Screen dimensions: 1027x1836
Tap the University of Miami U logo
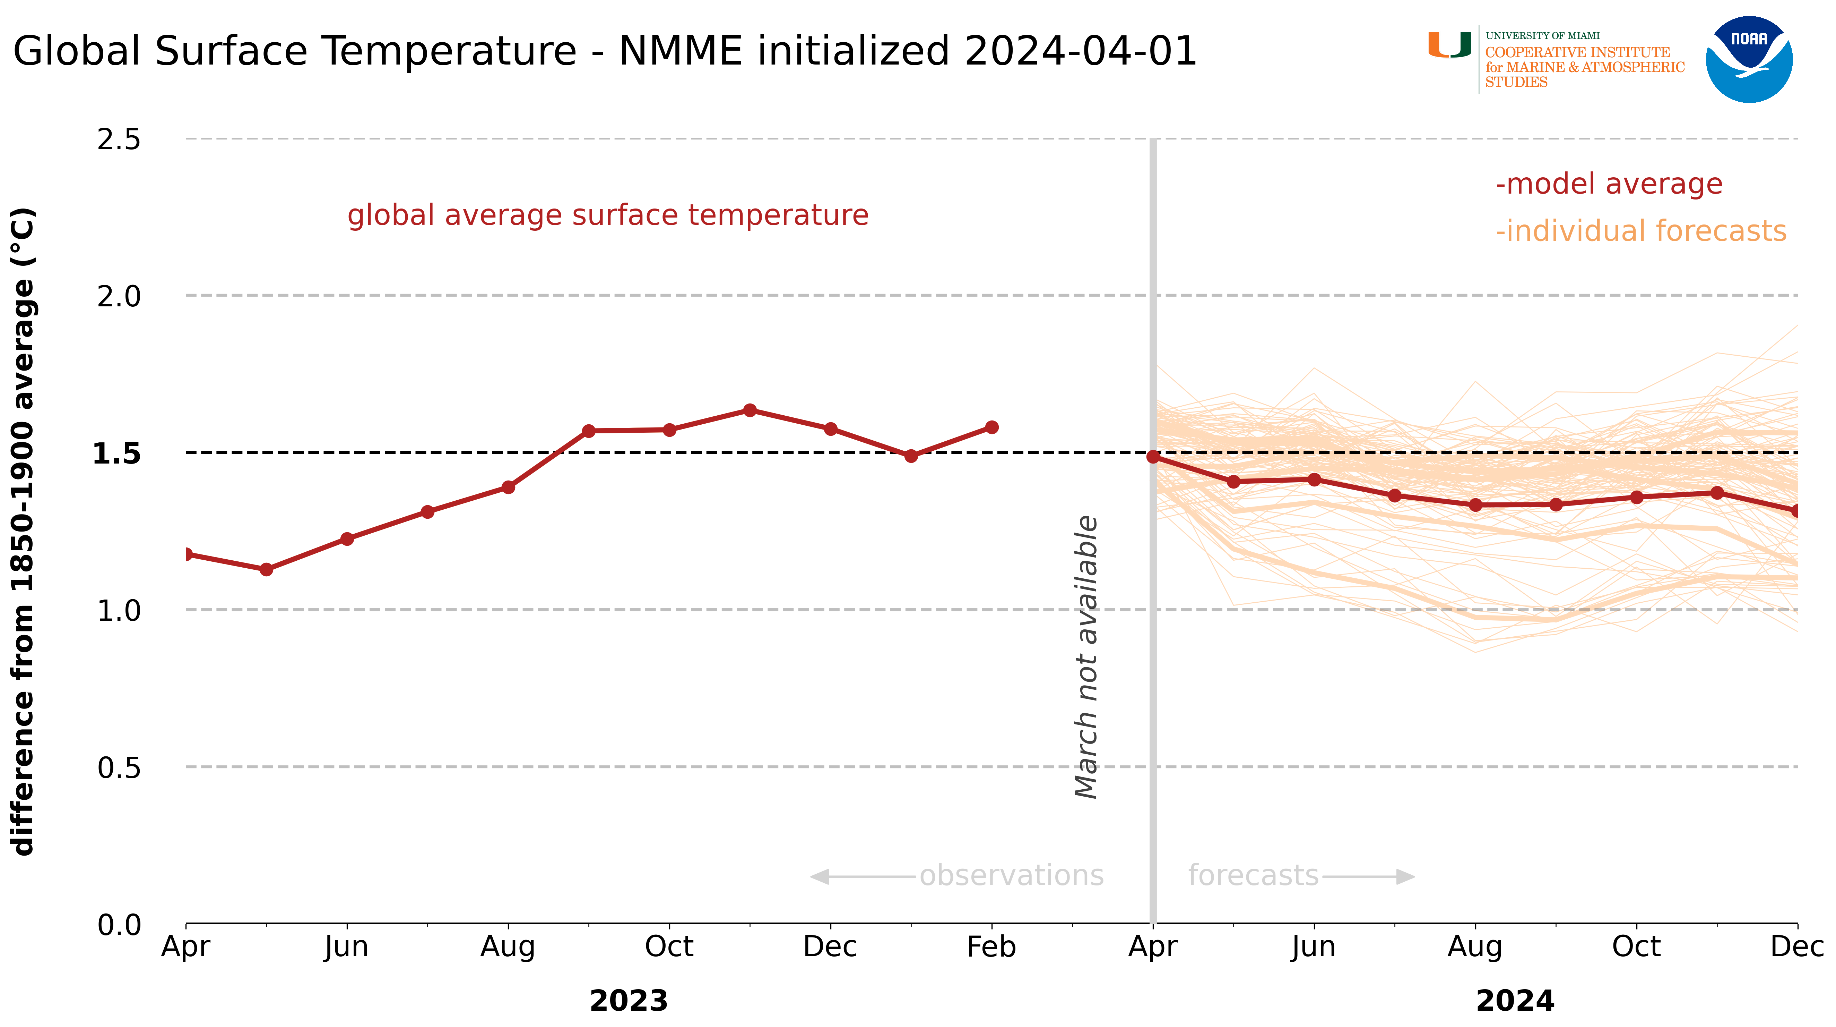click(1449, 45)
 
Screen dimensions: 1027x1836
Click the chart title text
click(604, 51)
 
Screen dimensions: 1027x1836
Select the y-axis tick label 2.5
click(119, 140)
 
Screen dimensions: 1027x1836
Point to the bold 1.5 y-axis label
click(117, 453)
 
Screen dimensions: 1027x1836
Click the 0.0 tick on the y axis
click(119, 925)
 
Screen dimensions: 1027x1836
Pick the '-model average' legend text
click(1609, 184)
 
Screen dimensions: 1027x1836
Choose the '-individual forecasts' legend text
click(1641, 231)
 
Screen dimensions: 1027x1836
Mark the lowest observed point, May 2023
click(267, 569)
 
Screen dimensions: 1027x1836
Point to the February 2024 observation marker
click(991, 427)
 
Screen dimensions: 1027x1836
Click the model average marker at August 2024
click(1475, 505)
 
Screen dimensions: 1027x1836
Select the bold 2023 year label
click(629, 1001)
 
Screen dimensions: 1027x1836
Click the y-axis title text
click(24, 531)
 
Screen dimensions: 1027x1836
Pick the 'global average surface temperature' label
click(608, 215)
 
